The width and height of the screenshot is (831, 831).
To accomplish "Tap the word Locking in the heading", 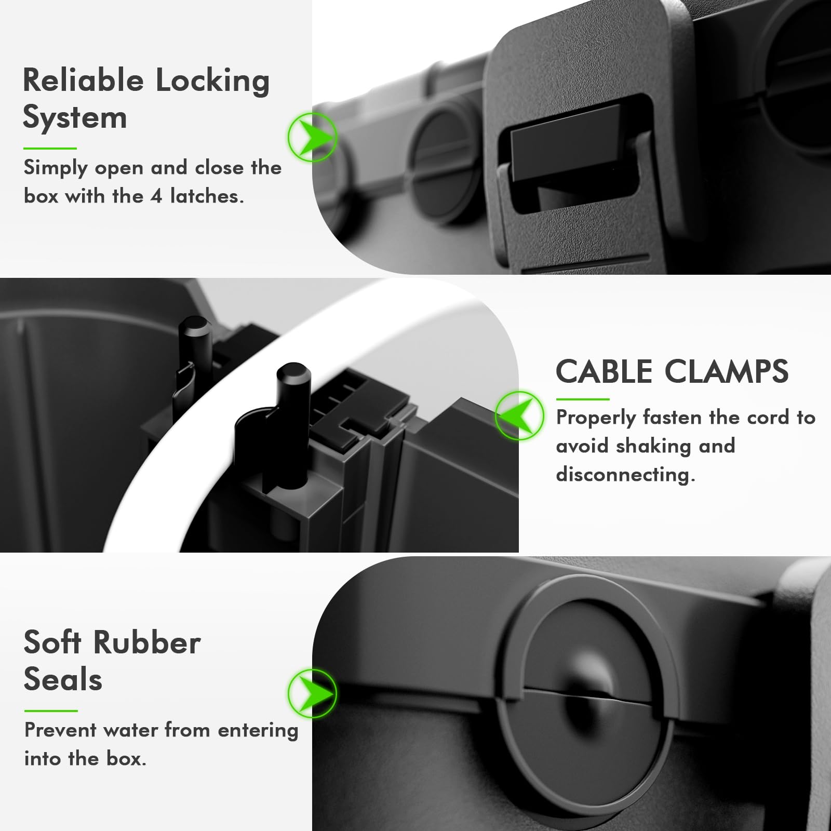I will [212, 82].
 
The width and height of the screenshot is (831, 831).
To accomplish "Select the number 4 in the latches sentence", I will [156, 196].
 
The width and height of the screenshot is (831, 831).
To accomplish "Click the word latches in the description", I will [206, 196].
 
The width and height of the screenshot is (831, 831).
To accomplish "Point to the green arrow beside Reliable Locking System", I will [313, 137].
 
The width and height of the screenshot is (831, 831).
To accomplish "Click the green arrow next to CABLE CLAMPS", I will [519, 415].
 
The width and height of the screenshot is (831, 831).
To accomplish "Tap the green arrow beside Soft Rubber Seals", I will [313, 693].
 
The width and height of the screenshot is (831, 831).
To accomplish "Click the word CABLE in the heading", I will [604, 372].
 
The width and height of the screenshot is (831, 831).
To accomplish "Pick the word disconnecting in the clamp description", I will [625, 474].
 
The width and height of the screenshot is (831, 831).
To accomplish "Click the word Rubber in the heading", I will [148, 642].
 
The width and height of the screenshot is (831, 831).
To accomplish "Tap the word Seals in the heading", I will [63, 679].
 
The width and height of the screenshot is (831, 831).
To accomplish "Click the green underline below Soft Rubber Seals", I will [51, 711].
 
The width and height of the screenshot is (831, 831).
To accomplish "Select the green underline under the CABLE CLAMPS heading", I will [582, 399].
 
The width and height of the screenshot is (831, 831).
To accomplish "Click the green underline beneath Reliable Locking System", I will [50, 149].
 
